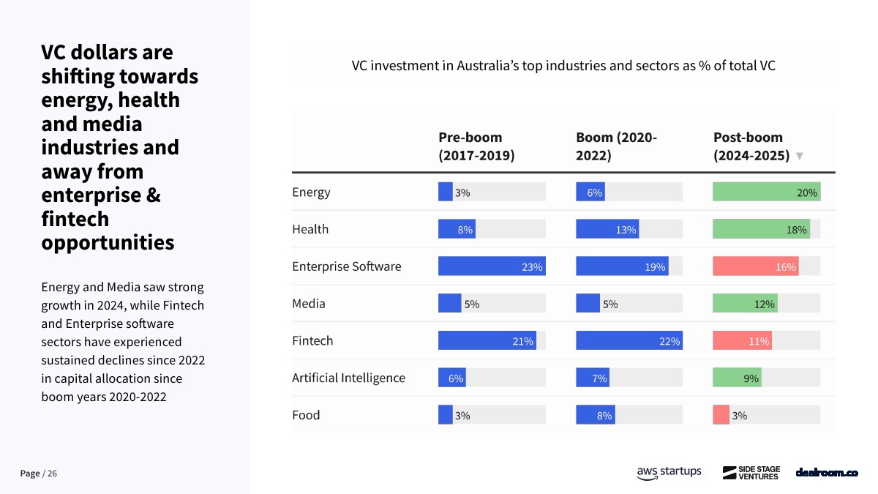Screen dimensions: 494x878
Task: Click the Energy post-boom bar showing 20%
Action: [765, 192]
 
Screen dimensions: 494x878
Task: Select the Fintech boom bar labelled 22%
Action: [629, 340]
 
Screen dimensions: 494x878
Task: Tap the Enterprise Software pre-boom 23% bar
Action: [491, 266]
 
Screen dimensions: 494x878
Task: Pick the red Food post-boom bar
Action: [721, 415]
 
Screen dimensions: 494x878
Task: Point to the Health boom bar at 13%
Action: [607, 229]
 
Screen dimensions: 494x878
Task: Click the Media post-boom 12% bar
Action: [744, 304]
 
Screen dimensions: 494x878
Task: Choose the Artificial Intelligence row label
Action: [348, 378]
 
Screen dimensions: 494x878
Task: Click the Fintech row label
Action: [312, 340]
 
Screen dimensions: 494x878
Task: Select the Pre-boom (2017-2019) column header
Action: [476, 146]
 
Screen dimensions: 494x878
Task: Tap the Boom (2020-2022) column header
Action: [616, 146]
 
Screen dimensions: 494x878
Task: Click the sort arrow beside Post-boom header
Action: [799, 157]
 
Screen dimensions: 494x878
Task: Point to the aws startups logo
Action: [668, 473]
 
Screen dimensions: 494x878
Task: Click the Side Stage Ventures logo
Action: [751, 473]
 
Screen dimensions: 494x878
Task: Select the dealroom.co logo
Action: [826, 473]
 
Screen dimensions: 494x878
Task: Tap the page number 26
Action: [52, 474]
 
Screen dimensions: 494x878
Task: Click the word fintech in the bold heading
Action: [75, 219]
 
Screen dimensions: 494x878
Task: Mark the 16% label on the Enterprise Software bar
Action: [785, 267]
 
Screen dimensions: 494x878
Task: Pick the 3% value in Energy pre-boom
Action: [462, 192]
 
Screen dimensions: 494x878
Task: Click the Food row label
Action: [306, 415]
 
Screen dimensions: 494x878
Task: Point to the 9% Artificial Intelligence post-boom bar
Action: [736, 378]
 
